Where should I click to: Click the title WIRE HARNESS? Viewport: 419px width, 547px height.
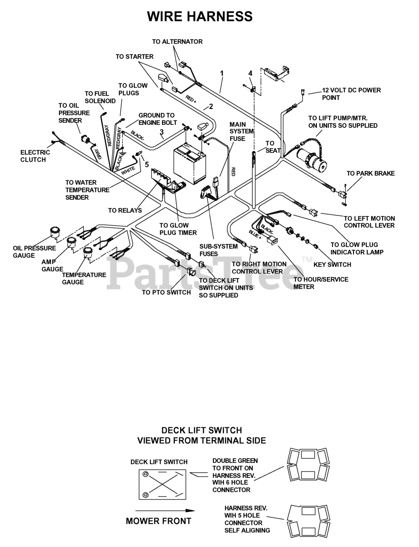click(200, 16)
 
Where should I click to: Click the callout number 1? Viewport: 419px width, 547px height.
click(222, 74)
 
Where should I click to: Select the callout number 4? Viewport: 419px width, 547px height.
click(251, 73)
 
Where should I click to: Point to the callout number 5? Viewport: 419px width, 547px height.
click(147, 164)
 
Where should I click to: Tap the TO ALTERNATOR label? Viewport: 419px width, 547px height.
click(177, 42)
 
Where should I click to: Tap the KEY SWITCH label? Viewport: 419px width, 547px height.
click(332, 265)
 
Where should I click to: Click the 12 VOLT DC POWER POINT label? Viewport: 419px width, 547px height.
click(351, 94)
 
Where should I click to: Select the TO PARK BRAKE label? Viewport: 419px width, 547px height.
click(370, 173)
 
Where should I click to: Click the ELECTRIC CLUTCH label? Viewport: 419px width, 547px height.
click(35, 156)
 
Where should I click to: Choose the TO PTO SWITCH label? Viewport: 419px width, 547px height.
click(166, 292)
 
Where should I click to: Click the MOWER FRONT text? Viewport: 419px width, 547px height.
click(158, 521)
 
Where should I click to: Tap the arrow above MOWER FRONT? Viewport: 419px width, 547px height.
click(164, 510)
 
